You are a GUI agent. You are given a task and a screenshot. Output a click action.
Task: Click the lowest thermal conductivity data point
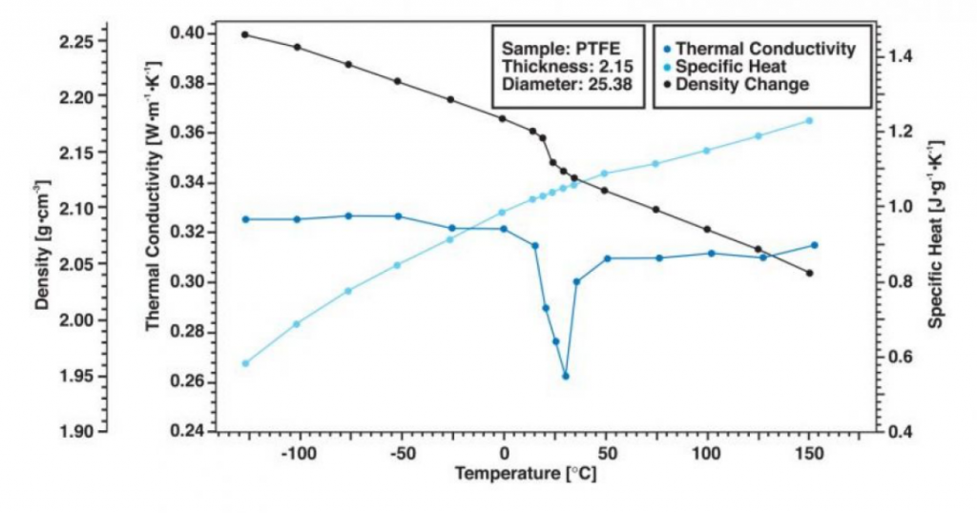(566, 376)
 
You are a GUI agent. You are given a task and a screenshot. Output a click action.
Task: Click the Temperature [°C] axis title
(526, 473)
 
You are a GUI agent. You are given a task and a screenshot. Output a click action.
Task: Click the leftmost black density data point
(245, 34)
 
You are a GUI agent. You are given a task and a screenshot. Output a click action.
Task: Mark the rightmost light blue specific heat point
(809, 120)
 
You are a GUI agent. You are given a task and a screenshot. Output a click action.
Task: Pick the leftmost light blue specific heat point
(245, 363)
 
